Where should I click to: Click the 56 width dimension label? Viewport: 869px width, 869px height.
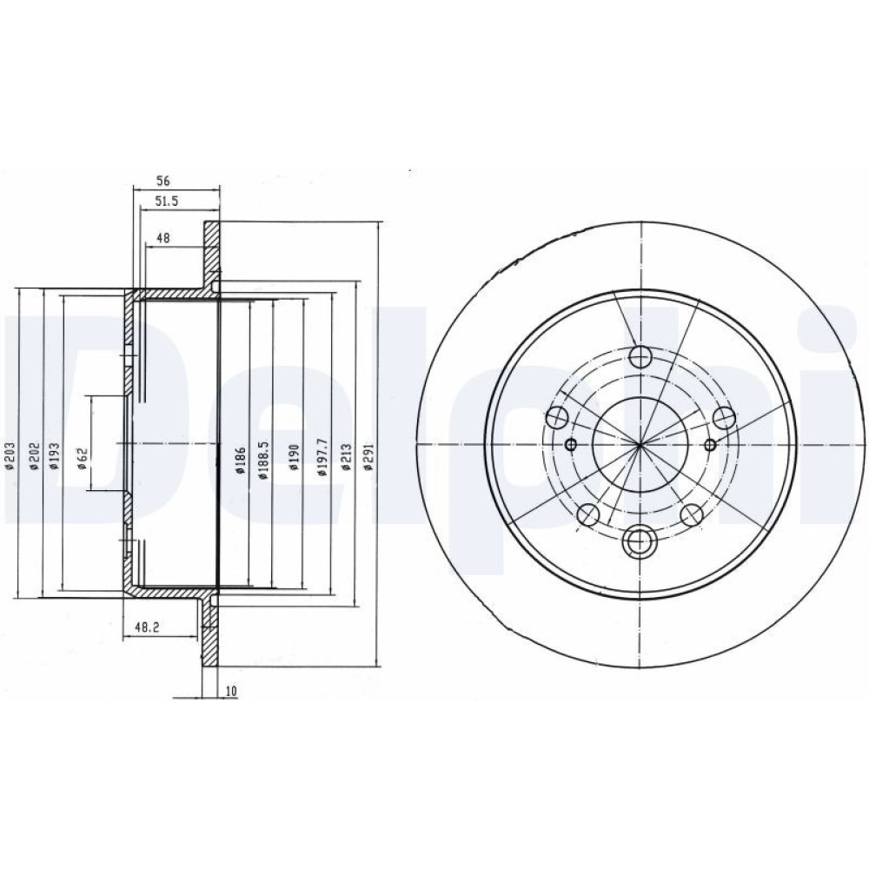coord(163,181)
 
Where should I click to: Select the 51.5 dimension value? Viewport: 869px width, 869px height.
coord(166,202)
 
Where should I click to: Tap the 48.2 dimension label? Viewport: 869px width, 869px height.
coord(148,627)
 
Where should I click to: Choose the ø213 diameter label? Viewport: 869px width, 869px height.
coord(348,456)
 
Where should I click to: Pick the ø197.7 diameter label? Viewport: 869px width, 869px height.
coord(323,456)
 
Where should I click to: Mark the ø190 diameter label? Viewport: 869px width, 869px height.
coord(294,456)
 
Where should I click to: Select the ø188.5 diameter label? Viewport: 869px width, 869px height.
coord(264,460)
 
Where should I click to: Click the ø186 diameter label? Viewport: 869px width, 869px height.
coord(240,460)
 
